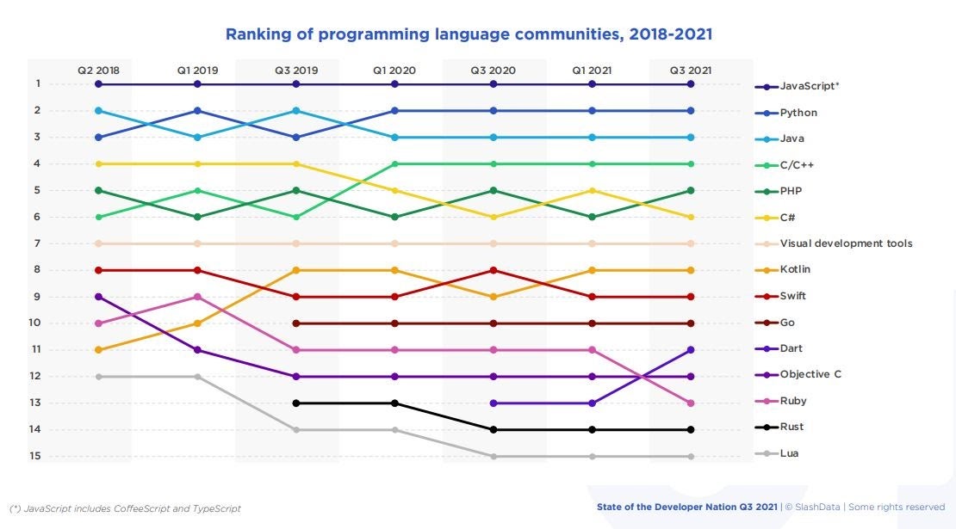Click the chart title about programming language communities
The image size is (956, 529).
[x=469, y=34]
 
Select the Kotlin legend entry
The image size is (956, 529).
[x=795, y=269]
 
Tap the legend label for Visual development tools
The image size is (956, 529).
[x=846, y=243]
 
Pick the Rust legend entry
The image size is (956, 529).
[x=791, y=428]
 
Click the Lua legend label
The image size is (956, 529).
[x=789, y=453]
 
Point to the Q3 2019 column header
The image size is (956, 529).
[x=295, y=71]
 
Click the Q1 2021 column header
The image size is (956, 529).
[x=592, y=71]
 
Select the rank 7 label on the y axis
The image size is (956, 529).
[x=38, y=243]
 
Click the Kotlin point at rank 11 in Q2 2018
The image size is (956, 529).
[x=99, y=350]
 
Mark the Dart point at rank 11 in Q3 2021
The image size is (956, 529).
[x=691, y=350]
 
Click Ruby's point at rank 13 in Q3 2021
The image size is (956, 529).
[x=691, y=403]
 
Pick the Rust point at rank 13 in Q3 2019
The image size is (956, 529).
[x=296, y=403]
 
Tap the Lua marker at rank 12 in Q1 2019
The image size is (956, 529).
[x=197, y=377]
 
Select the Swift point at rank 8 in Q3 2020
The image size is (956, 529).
[x=494, y=270]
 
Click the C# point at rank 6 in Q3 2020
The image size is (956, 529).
[x=494, y=217]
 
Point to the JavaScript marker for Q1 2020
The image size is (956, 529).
[x=394, y=84]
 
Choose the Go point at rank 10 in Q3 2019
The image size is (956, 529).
[x=296, y=323]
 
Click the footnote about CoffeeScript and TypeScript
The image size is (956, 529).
[x=125, y=508]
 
